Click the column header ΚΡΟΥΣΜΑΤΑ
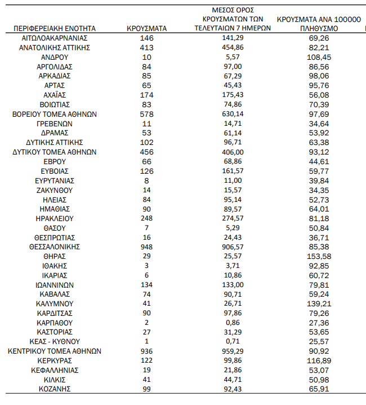pyautogui.click(x=146, y=28)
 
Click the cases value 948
pyautogui.click(x=146, y=246)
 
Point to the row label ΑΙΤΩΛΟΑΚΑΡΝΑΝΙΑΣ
pyautogui.click(x=55, y=38)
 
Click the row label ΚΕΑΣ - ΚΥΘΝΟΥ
pyautogui.click(x=55, y=341)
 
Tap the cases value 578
pyautogui.click(x=146, y=114)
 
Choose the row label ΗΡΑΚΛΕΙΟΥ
pyautogui.click(x=55, y=218)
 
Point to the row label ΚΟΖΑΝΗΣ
pyautogui.click(x=55, y=389)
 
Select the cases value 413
pyautogui.click(x=146, y=47)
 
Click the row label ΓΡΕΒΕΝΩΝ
pyautogui.click(x=55, y=124)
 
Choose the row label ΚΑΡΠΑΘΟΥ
pyautogui.click(x=55, y=322)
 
